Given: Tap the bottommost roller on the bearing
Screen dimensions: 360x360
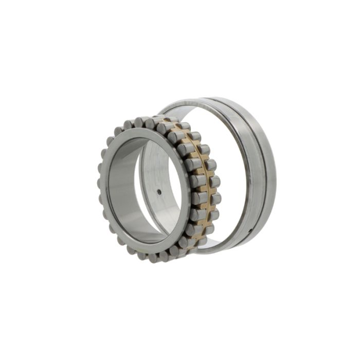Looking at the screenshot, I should (x=154, y=257).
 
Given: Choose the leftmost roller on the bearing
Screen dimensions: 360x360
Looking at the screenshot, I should (x=100, y=183).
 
